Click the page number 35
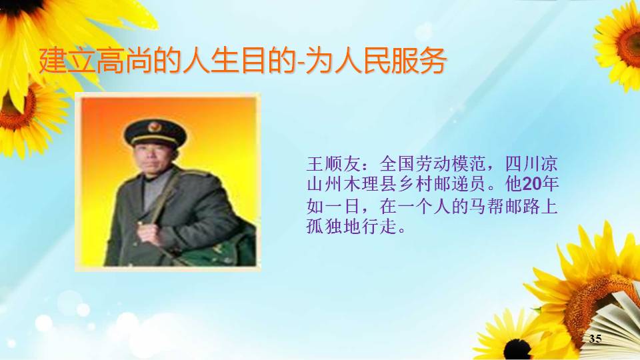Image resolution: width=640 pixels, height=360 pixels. point(595,339)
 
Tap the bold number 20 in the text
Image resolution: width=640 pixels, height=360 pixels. point(531,184)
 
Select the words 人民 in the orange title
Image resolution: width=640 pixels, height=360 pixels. point(362,61)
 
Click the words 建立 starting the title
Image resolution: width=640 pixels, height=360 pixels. point(67,61)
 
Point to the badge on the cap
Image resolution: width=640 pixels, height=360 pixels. point(154,127)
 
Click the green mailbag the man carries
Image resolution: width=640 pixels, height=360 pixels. point(216,247)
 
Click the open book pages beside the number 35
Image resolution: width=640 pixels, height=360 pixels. point(616,323)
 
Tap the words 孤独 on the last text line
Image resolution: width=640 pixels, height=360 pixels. point(325,227)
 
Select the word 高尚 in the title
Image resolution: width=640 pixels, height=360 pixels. point(124,61)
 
